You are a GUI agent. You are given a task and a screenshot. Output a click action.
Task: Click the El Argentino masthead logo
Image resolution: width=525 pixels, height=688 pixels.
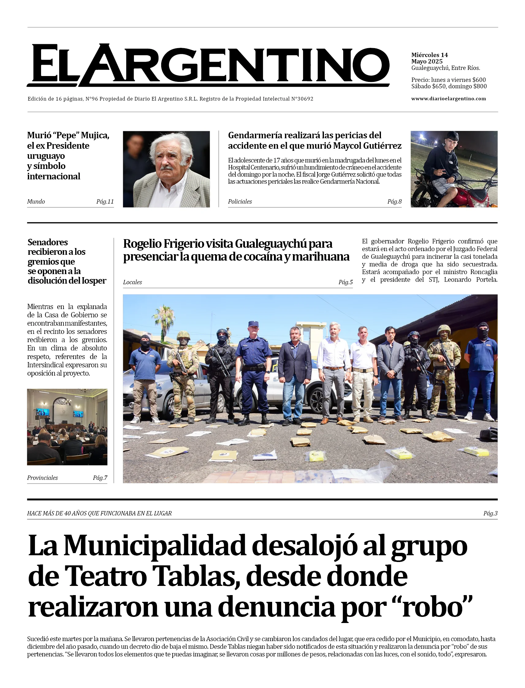pyautogui.click(x=208, y=65)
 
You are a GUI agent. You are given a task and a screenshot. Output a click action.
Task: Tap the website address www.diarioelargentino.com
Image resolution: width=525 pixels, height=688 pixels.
pyautogui.click(x=448, y=99)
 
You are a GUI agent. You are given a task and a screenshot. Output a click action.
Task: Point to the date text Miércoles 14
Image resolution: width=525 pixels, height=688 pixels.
pyautogui.click(x=429, y=55)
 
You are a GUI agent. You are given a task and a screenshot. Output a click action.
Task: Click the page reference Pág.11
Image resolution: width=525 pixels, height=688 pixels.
pyautogui.click(x=105, y=202)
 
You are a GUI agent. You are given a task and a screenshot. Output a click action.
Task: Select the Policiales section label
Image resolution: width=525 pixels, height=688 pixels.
pyautogui.click(x=240, y=202)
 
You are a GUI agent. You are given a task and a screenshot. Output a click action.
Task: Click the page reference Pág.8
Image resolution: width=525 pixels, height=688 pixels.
pyautogui.click(x=394, y=202)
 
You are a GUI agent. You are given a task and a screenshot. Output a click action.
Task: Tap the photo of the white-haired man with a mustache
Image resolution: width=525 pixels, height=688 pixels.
pyautogui.click(x=166, y=169)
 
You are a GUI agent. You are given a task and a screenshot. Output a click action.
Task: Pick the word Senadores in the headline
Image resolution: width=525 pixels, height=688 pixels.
pyautogui.click(x=48, y=242)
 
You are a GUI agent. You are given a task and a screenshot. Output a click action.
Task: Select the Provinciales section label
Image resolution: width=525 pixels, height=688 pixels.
pyautogui.click(x=43, y=478)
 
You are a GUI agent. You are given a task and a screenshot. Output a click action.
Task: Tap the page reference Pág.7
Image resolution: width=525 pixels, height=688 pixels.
pyautogui.click(x=100, y=478)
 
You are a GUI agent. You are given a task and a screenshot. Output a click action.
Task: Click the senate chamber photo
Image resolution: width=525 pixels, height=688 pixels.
pyautogui.click(x=67, y=427)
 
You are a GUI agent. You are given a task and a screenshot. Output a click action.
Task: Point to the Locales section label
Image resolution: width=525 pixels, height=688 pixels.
pyautogui.click(x=132, y=282)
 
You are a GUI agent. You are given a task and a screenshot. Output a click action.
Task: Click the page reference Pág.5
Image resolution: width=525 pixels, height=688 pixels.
pyautogui.click(x=346, y=282)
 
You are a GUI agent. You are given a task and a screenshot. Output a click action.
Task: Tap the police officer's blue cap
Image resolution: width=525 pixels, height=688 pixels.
pyautogui.click(x=253, y=324)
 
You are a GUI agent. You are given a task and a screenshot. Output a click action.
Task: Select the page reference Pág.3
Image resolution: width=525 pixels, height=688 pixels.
pyautogui.click(x=490, y=513)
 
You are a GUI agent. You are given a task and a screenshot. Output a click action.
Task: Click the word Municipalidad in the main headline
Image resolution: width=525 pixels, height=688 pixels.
pyautogui.click(x=155, y=546)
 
